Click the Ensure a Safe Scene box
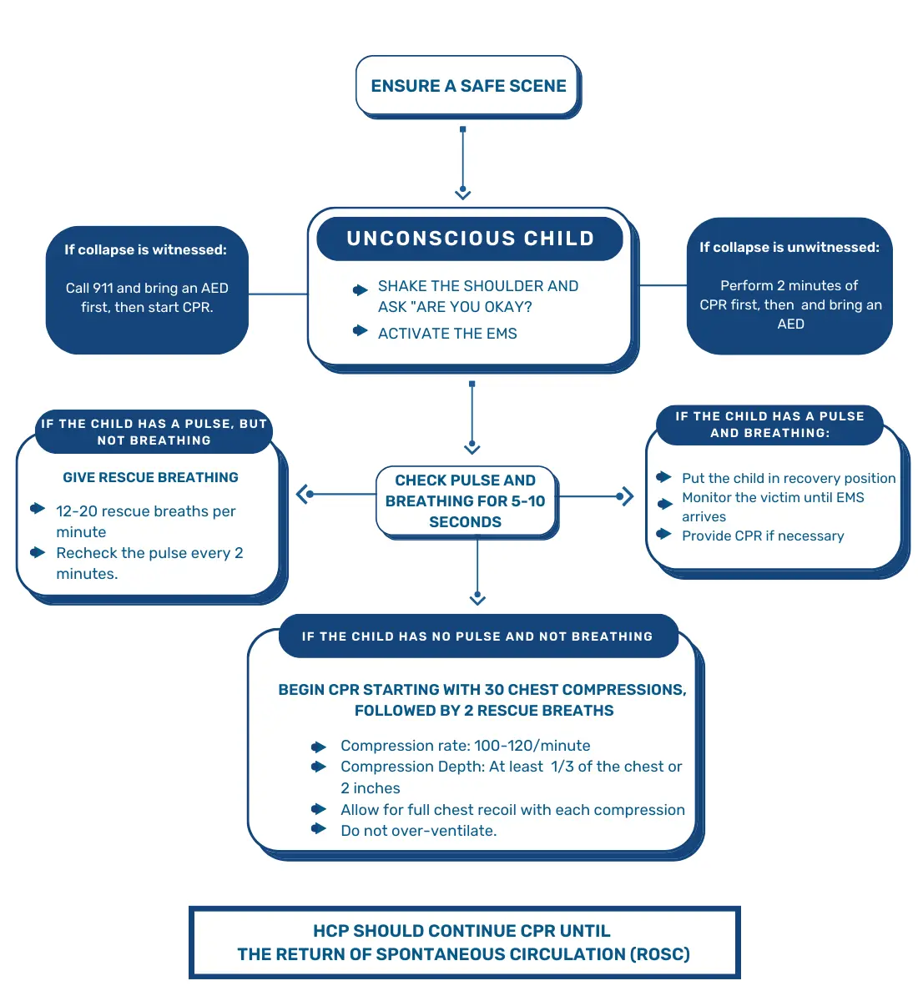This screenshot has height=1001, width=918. (x=468, y=86)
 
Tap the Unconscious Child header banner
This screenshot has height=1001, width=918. (x=470, y=239)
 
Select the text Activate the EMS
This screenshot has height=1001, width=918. (x=447, y=334)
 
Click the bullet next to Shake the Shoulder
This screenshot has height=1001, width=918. (x=361, y=290)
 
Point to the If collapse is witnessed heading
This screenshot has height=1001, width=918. (x=146, y=249)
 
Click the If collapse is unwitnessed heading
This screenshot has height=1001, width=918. (x=789, y=247)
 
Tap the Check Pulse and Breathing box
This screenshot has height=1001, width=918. (x=466, y=501)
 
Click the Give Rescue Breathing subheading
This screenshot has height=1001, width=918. (x=151, y=477)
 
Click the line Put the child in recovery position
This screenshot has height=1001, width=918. (x=789, y=478)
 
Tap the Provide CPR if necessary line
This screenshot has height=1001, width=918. (x=763, y=536)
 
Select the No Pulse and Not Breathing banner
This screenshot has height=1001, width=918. (x=477, y=636)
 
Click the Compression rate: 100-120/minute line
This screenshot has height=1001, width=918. (x=465, y=746)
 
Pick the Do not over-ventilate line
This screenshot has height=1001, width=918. (x=418, y=831)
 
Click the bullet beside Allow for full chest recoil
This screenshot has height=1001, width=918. (x=319, y=809)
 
